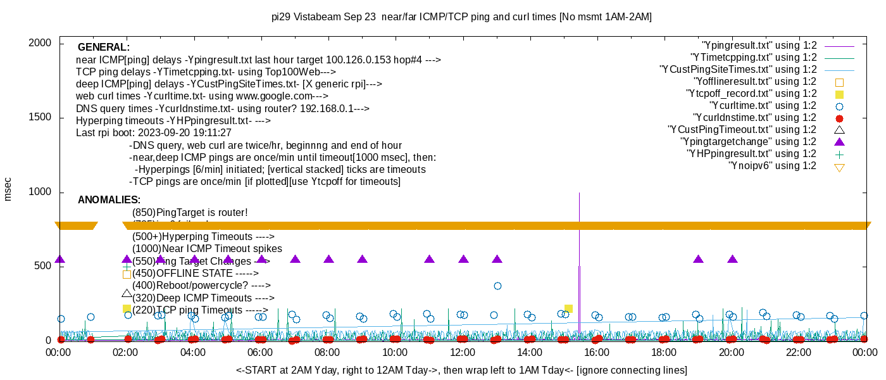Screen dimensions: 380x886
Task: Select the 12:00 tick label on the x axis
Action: pyautogui.click(x=462, y=352)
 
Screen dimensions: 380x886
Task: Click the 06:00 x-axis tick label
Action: pyautogui.click(x=260, y=352)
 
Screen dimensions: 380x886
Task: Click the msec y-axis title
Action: pyautogui.click(x=8, y=189)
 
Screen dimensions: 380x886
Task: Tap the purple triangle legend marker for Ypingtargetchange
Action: pyautogui.click(x=840, y=142)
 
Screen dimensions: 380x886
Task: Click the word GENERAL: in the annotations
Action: pyautogui.click(x=104, y=47)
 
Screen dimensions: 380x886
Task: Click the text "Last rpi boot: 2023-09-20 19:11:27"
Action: pyautogui.click(x=154, y=133)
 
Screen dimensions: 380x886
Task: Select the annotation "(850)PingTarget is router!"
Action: pyautogui.click(x=190, y=212)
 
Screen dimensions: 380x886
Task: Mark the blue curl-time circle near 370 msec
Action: pyautogui.click(x=497, y=286)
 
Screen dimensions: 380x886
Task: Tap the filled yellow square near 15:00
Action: pyautogui.click(x=568, y=308)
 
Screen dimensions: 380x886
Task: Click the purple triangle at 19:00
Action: pyautogui.click(x=698, y=259)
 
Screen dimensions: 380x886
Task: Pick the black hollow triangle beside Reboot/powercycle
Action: pyautogui.click(x=127, y=293)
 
